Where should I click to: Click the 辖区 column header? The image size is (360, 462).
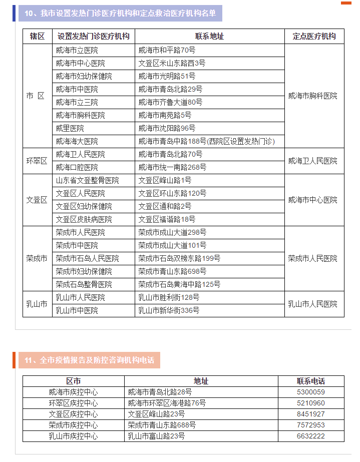(x=37, y=37)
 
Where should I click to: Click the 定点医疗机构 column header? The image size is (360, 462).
(x=314, y=37)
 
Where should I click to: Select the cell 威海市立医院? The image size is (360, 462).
(x=77, y=51)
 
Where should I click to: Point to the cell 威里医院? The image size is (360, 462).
(x=70, y=129)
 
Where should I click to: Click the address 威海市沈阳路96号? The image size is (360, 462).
(x=167, y=129)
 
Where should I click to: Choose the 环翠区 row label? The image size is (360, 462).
(x=37, y=161)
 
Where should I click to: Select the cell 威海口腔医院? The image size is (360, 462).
(x=77, y=168)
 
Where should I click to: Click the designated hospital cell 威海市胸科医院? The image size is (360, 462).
(x=312, y=96)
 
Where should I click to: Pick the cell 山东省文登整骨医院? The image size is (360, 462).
(x=88, y=181)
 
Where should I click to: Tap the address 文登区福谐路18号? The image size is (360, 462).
(x=167, y=220)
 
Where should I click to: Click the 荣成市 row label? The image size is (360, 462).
(x=37, y=259)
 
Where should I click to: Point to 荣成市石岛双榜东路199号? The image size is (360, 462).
(x=179, y=259)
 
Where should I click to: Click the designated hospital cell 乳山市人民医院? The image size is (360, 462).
(x=312, y=304)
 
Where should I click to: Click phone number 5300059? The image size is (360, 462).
(x=311, y=392)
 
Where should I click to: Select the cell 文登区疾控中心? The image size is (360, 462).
(x=73, y=414)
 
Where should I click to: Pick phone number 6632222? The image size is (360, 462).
(x=311, y=436)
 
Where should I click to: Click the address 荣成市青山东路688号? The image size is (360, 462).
(x=162, y=425)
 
